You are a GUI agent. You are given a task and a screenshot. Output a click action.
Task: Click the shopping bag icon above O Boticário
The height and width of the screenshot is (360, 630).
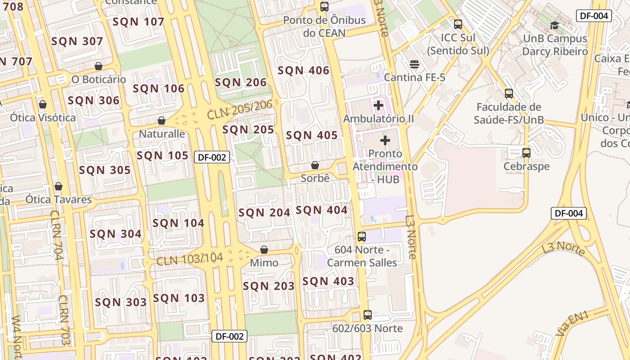click(99, 67)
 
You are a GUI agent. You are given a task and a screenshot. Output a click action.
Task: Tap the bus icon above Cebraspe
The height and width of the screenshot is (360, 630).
click(526, 153)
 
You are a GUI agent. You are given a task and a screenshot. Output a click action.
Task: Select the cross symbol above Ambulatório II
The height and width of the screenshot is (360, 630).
click(378, 106)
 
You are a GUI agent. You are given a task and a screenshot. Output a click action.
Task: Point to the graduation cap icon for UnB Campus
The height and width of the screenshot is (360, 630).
click(555, 25)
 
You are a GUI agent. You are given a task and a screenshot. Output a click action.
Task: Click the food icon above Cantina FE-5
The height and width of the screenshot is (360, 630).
click(414, 65)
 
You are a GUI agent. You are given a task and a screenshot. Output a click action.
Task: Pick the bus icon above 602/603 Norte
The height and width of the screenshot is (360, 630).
click(368, 315)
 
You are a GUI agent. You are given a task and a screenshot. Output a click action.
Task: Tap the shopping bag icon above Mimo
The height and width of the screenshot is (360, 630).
click(264, 250)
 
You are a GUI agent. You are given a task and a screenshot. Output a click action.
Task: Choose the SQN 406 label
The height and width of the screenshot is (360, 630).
click(303, 71)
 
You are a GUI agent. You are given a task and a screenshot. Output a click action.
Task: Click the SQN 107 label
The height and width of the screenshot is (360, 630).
click(139, 22)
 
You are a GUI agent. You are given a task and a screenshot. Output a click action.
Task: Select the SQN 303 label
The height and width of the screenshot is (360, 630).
click(121, 302)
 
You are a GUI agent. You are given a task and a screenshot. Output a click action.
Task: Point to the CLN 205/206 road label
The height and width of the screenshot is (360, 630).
click(240, 109)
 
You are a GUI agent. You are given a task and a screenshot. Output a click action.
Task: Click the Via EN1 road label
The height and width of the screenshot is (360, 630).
click(572, 323)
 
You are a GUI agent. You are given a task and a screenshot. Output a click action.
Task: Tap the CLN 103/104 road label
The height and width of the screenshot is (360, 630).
click(189, 259)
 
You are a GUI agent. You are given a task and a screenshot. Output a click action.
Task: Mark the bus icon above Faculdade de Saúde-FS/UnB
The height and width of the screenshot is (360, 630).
click(509, 94)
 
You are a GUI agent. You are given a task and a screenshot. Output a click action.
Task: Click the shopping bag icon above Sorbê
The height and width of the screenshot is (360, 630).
click(315, 165)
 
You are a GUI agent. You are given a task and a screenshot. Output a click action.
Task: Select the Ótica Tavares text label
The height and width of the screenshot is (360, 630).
click(58, 199)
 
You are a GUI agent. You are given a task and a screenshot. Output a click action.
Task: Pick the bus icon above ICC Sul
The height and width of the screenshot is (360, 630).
click(458, 24)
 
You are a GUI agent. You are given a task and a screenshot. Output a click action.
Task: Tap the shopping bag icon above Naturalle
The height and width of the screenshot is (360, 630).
click(162, 121)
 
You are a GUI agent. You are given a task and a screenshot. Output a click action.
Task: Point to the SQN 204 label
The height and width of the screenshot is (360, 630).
click(264, 213)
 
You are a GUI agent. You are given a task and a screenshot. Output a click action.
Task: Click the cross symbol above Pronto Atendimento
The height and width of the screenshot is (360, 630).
click(385, 141)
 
